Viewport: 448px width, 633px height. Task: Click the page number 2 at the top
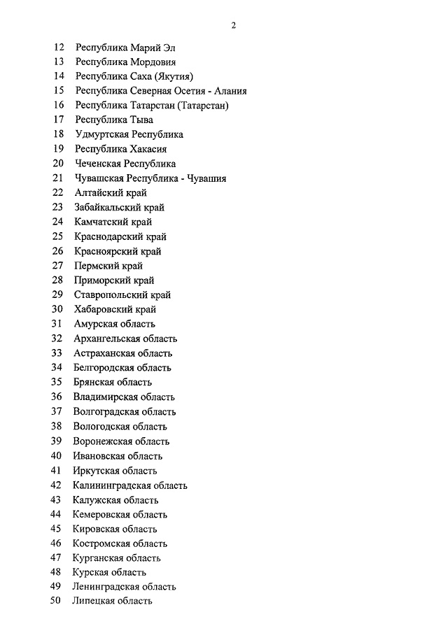click(234, 26)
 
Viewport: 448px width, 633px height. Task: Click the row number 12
click(59, 47)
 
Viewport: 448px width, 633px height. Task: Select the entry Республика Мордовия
click(125, 62)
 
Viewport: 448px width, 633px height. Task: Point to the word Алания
click(228, 91)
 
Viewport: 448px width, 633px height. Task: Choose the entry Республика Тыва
click(114, 120)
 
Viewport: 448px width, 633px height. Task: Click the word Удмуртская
click(101, 134)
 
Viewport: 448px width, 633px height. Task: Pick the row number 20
click(59, 164)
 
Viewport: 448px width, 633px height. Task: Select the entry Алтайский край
click(110, 193)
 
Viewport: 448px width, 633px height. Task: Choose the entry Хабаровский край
click(115, 309)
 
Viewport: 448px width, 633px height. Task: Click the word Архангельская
click(105, 339)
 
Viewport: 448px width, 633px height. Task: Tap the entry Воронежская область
click(121, 441)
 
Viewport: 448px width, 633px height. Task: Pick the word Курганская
click(98, 558)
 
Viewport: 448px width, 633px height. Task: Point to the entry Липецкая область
click(112, 602)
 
